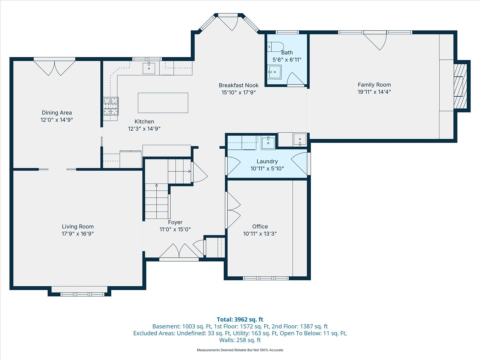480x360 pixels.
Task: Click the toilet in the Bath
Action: pos(276,47)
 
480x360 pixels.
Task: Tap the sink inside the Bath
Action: pos(275,72)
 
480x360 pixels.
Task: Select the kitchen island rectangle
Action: pos(163,103)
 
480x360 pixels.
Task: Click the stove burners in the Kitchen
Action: pos(111,106)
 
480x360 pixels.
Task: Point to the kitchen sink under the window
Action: pos(149,68)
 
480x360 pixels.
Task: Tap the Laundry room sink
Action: pos(268,143)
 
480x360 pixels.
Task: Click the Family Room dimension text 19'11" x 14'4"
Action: pos(374,92)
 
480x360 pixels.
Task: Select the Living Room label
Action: pos(78,227)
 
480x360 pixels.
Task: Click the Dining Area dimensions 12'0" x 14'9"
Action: pos(57,120)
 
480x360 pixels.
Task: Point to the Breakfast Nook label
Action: pos(239,85)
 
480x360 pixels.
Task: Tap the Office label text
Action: pos(260,227)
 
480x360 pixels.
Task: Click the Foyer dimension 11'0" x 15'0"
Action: pos(175,229)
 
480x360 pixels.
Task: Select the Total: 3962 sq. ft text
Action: pos(240,319)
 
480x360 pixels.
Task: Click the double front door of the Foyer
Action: pos(179,252)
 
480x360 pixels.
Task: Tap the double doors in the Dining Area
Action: pos(54,68)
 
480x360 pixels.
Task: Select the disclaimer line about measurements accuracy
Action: pos(240,350)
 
